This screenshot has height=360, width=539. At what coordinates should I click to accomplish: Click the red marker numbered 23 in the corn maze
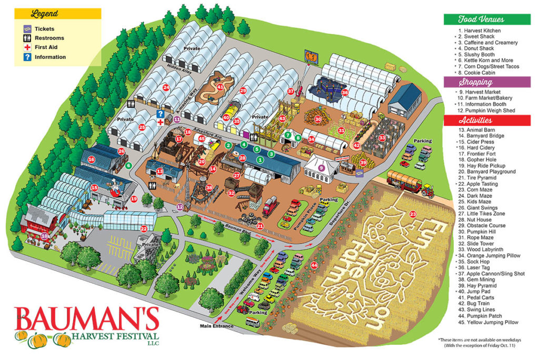413,214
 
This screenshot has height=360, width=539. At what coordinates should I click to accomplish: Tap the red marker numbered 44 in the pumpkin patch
314,266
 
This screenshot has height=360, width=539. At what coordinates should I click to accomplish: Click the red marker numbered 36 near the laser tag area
345,93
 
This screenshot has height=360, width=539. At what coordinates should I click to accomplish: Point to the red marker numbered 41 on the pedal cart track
221,87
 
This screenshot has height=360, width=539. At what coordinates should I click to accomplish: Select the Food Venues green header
481,19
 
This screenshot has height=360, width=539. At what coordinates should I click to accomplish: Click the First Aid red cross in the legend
27,47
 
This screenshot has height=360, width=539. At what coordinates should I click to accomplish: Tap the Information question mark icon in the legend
27,57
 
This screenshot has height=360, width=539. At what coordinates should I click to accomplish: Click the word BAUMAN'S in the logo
87,318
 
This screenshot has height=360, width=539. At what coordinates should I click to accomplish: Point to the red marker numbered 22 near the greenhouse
144,228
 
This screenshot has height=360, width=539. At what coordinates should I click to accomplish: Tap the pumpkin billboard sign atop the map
311,57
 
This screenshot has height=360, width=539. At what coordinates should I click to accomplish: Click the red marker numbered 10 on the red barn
44,236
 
